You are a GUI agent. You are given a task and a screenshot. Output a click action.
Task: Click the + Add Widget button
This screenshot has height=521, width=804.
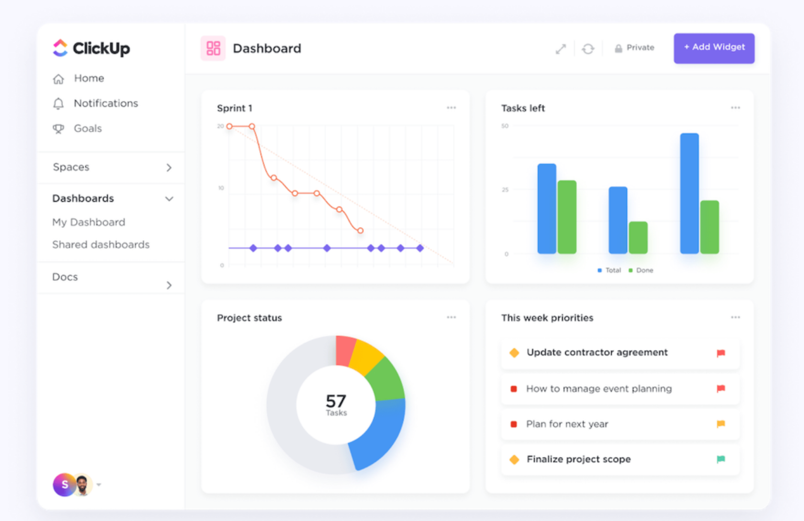pos(713,48)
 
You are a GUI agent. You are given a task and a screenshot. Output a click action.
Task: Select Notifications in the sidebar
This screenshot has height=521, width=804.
pos(105,103)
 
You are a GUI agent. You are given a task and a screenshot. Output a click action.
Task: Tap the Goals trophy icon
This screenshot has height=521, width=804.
pos(59,129)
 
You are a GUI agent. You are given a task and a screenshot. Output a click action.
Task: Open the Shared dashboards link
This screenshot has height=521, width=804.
pos(100,245)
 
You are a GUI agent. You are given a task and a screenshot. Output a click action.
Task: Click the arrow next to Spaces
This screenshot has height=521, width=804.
pos(169,168)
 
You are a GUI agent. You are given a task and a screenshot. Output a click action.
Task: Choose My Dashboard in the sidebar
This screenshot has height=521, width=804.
pos(88,222)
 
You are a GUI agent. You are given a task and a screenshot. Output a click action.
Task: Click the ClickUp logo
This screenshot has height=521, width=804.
pos(91,48)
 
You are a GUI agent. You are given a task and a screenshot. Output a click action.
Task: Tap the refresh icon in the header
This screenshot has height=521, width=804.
pos(588,49)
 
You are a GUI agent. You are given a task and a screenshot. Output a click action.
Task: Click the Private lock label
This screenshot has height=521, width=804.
pos(634,48)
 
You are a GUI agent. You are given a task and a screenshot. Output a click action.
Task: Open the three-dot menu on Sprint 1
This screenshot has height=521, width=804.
pos(451,108)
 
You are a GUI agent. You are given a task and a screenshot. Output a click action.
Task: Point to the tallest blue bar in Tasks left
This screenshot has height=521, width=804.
pos(689,193)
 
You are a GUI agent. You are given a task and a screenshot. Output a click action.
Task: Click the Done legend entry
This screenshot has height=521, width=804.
pos(641,270)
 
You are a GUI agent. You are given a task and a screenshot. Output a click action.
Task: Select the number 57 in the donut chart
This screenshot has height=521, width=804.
pos(336,401)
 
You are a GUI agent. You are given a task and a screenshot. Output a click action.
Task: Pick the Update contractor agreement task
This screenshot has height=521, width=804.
pos(597,352)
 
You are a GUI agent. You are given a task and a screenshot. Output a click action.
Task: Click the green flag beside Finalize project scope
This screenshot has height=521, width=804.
pos(721,459)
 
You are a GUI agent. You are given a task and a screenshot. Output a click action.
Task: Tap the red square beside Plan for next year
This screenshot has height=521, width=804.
pos(513,424)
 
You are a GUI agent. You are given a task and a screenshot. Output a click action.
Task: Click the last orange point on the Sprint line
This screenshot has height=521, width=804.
pos(360,230)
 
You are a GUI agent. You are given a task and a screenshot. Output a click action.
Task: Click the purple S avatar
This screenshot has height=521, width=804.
pos(64,485)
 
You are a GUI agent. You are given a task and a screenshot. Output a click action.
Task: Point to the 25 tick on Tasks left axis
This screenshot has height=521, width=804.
pos(505,190)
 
